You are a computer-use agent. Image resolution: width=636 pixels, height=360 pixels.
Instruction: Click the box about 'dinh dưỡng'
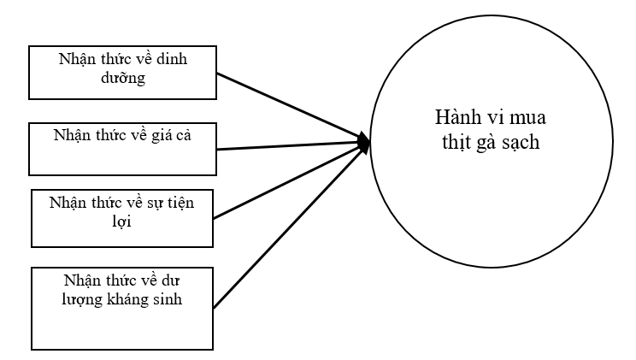121,72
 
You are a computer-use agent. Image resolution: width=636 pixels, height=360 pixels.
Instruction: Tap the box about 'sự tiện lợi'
121,217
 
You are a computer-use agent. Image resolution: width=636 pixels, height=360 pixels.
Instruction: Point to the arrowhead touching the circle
366,143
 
